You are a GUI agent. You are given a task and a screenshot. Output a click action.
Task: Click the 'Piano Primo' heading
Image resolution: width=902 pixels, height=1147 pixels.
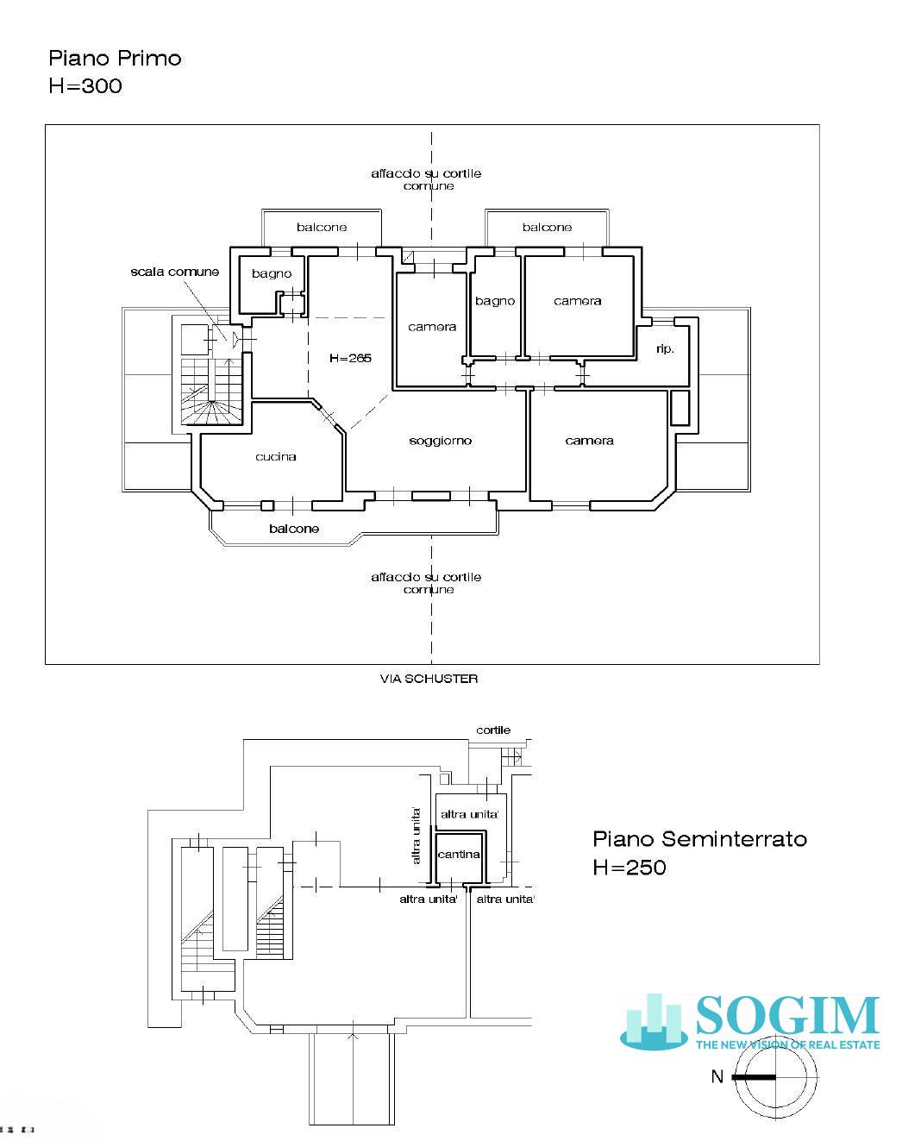coord(115,59)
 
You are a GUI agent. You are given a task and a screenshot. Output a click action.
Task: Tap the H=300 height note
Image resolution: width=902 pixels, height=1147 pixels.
coord(85,86)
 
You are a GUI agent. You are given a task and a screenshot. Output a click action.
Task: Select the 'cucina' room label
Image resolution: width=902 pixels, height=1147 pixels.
coord(276,457)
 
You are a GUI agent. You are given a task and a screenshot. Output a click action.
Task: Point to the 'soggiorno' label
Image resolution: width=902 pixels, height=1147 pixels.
coord(441,441)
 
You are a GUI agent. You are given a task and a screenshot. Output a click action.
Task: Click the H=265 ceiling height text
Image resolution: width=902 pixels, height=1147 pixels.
coord(350,358)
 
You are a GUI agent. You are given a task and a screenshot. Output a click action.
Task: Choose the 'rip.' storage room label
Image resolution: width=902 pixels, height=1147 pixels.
coord(665,348)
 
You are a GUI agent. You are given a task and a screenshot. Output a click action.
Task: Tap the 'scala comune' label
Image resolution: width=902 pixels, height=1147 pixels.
coord(175,272)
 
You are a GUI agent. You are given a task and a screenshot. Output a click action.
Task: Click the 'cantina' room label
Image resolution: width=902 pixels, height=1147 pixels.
coord(459,855)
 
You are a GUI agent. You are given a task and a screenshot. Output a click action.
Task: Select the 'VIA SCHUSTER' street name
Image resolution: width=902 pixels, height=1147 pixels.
coord(429,679)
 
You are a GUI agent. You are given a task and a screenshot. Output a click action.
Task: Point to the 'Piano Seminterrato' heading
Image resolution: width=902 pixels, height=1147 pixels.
coord(700,839)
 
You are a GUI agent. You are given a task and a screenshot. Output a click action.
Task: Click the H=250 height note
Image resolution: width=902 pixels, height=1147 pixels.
coord(630,868)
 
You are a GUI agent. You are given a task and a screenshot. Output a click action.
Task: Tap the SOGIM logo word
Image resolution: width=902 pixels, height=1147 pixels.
coord(788,1016)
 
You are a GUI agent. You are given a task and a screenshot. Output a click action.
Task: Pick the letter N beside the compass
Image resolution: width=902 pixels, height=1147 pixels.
coord(717,1076)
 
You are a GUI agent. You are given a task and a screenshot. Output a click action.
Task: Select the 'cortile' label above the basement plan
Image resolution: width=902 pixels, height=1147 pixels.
coord(493,730)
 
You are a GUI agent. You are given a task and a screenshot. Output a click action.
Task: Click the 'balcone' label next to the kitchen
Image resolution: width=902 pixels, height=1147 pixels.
coord(294,529)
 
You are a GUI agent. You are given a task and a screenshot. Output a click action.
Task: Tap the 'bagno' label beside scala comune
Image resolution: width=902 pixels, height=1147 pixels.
coord(272,274)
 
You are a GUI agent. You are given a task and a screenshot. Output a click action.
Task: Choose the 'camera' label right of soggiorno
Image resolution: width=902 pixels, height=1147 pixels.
coord(590,441)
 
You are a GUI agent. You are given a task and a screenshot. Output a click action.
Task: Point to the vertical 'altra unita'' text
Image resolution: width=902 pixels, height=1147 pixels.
coord(417,836)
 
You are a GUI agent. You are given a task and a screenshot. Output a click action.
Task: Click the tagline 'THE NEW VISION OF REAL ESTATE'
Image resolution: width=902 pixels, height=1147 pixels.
coord(788,1044)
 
